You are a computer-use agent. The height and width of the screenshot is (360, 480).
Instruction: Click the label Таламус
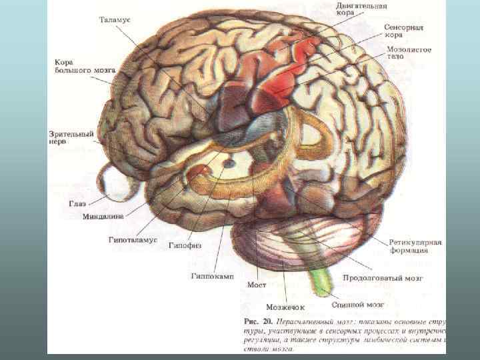click(115, 21)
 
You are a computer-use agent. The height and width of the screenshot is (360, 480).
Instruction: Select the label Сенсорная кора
click(404, 31)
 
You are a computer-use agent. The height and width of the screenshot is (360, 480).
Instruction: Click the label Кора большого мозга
click(76, 65)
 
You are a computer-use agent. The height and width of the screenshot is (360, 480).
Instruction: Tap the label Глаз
click(77, 203)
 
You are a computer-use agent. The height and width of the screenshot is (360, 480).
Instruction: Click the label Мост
click(257, 285)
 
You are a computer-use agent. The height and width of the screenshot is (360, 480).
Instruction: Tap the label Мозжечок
click(285, 307)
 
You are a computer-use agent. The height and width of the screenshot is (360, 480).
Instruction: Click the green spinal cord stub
click(321, 280)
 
